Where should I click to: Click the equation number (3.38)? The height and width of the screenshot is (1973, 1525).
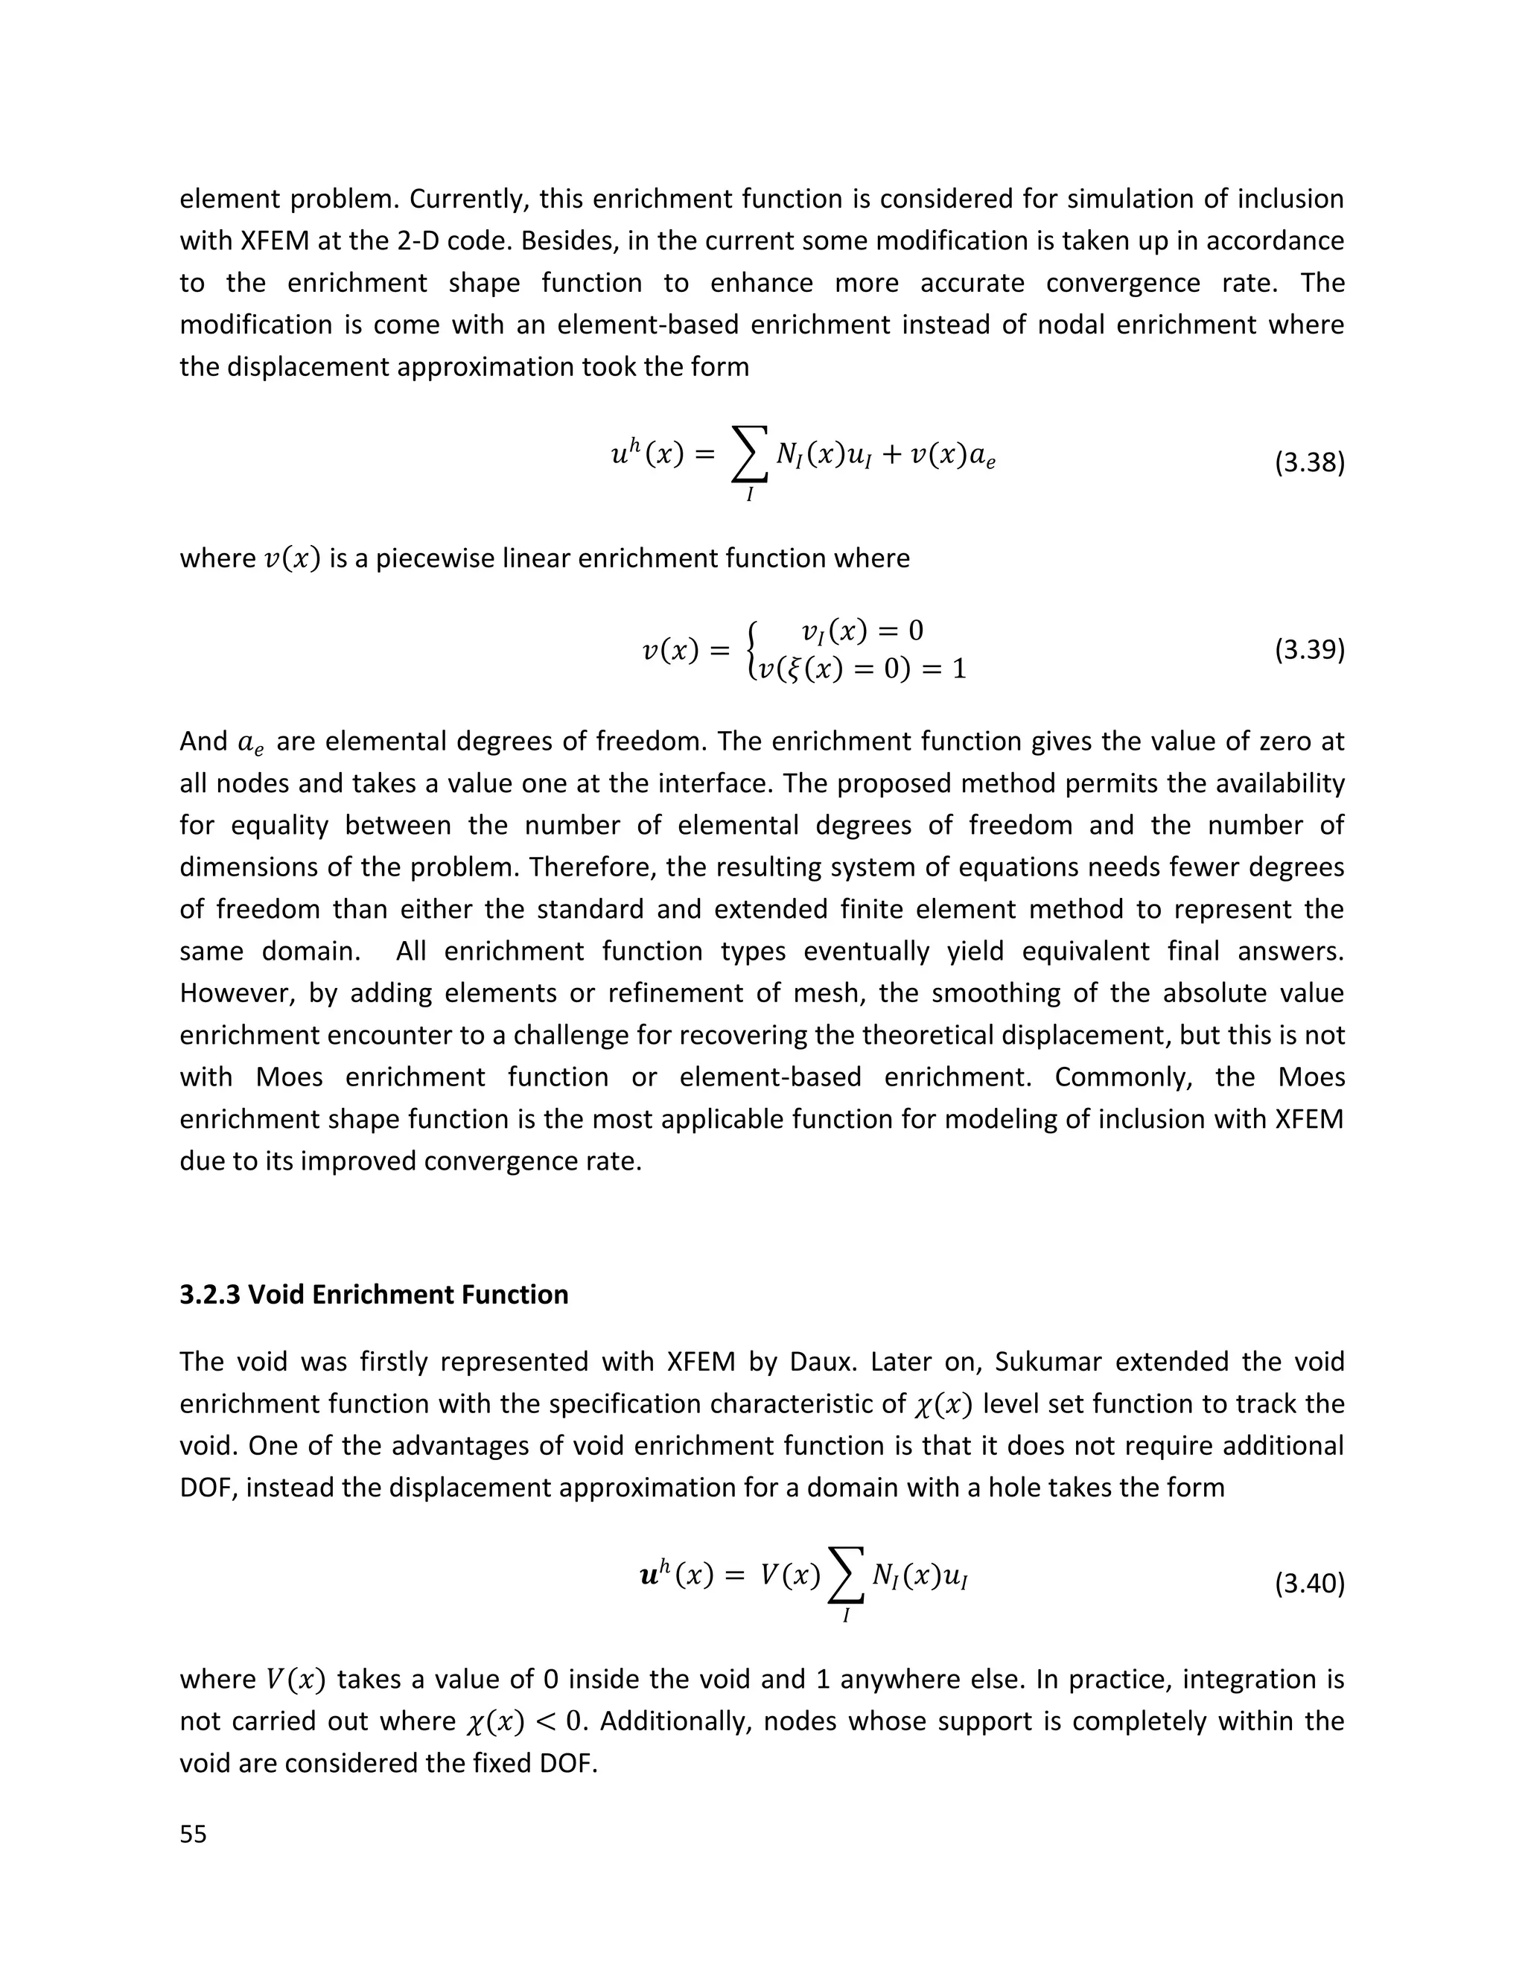coord(1309,463)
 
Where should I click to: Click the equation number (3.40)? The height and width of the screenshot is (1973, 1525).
coord(1309,1584)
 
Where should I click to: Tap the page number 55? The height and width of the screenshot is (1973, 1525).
coord(194,1835)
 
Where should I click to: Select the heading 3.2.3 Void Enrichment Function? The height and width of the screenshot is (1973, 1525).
coord(374,1295)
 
